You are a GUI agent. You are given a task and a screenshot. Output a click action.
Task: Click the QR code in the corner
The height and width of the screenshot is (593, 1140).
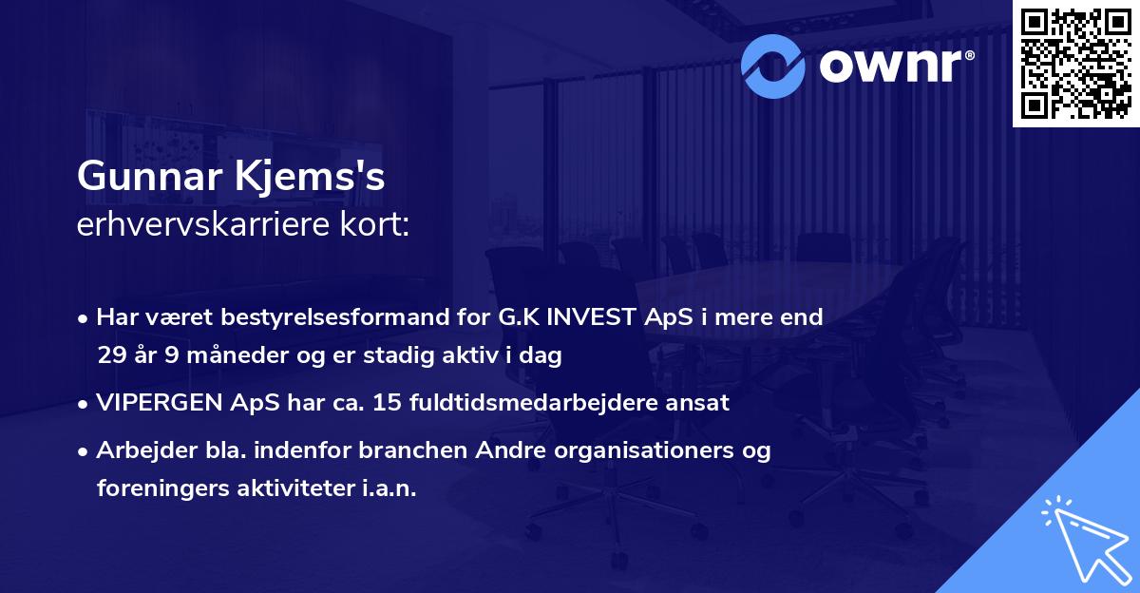tap(1075, 63)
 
